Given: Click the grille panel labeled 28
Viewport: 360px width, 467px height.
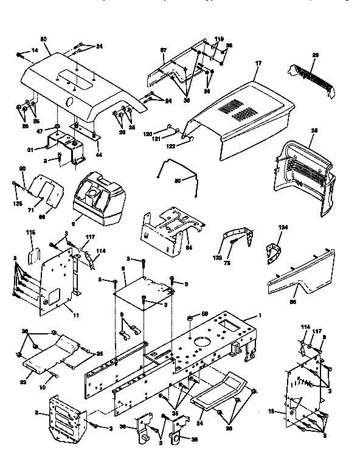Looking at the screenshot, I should [x=304, y=176].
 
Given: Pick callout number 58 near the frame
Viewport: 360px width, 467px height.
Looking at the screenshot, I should [x=204, y=313].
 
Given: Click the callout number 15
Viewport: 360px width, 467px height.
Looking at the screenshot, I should [x=273, y=411].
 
